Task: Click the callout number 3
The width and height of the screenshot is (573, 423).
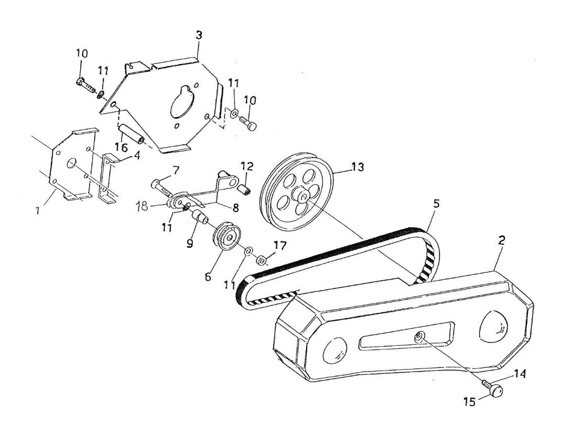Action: coord(199,36)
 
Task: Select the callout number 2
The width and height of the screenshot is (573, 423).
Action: coord(501,241)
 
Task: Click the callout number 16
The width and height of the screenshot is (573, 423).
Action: coord(121,149)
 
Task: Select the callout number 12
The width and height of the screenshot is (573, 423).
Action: coord(247,167)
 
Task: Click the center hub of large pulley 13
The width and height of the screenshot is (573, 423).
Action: coord(302,196)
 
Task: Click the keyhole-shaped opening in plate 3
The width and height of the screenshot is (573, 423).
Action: coord(180,103)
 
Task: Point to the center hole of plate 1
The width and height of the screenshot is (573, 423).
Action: coord(71,163)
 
